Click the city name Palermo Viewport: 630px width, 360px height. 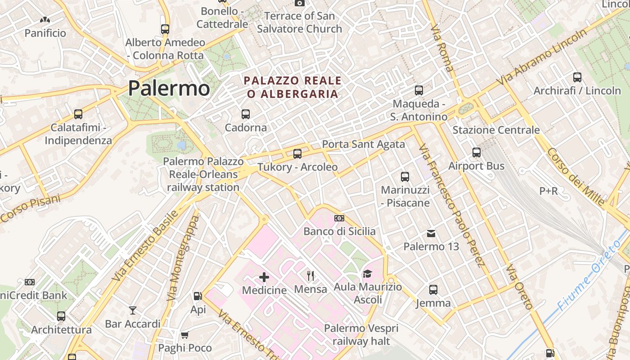click(x=169, y=88)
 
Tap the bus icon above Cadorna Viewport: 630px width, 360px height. click(x=246, y=114)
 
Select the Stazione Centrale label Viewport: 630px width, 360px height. click(x=496, y=130)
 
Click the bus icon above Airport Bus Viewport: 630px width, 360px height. click(x=477, y=153)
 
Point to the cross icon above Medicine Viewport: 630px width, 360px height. click(x=264, y=277)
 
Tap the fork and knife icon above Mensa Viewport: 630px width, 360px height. click(x=310, y=275)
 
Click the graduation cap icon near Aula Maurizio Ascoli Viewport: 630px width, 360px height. click(x=367, y=274)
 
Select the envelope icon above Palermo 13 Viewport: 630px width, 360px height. click(x=431, y=233)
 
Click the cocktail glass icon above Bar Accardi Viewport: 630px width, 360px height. click(x=133, y=310)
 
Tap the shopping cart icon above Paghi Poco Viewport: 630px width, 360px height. click(x=184, y=335)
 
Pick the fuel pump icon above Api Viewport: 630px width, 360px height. click(x=198, y=296)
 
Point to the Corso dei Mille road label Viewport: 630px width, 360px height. click(x=576, y=176)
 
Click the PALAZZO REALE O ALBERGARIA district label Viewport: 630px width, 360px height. click(x=292, y=87)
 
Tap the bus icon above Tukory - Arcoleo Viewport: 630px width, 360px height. click(x=297, y=154)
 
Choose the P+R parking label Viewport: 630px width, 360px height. click(x=549, y=191)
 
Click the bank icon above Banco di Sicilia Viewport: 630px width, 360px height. click(x=339, y=218)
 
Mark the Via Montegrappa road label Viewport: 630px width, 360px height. click(x=182, y=258)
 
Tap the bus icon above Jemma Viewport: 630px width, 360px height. click(x=433, y=290)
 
